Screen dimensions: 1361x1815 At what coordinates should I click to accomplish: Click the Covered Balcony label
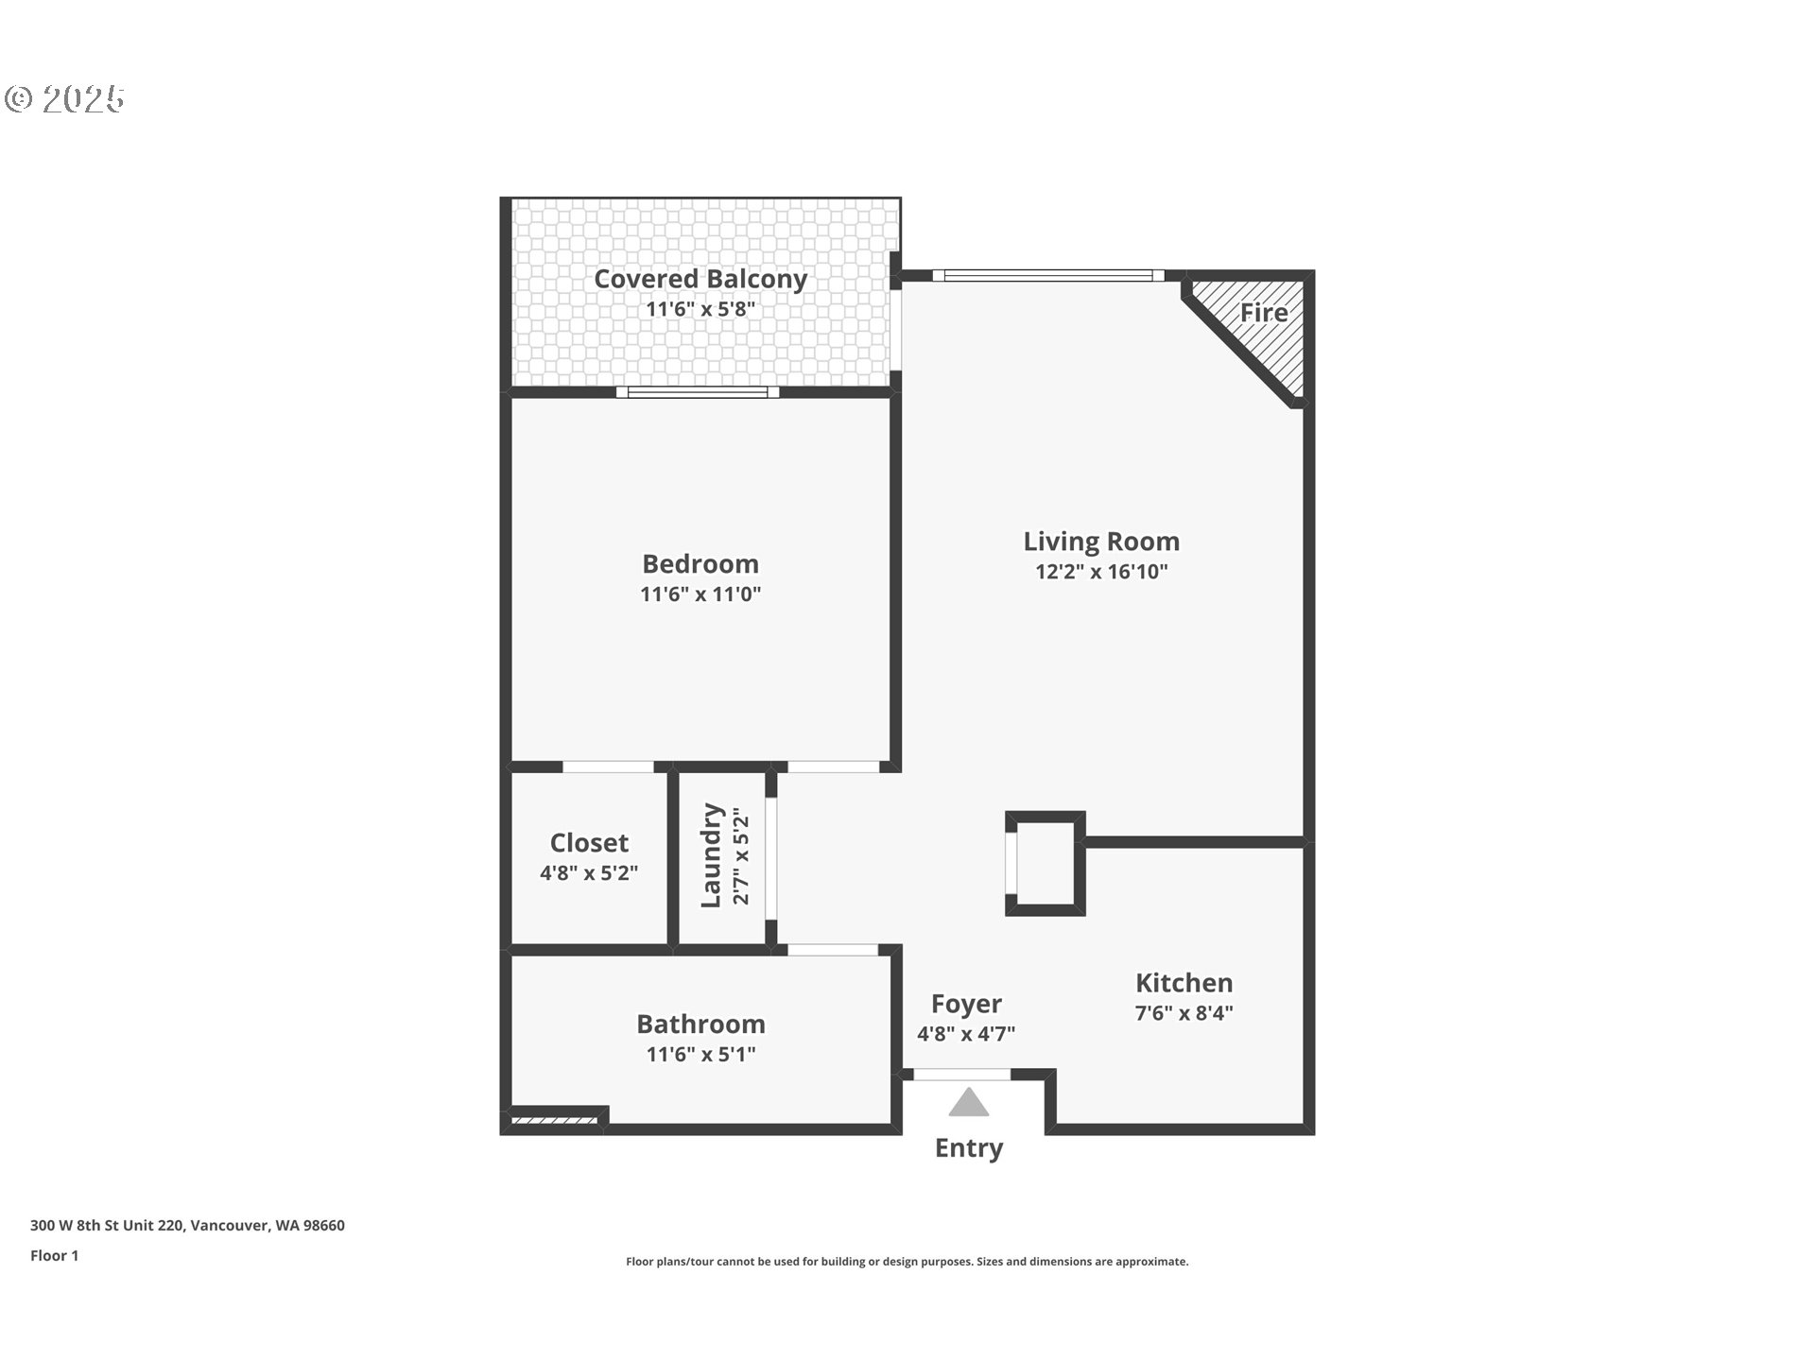[700, 279]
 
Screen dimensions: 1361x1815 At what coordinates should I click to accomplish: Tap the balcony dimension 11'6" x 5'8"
[700, 309]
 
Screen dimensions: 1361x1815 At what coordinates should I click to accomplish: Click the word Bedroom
[700, 564]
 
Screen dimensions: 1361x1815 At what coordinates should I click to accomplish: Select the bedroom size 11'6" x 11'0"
[700, 594]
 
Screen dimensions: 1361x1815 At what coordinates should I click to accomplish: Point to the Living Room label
[1101, 542]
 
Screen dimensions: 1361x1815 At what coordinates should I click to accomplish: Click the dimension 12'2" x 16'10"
[1101, 572]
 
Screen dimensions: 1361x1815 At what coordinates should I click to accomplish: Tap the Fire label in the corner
[1263, 313]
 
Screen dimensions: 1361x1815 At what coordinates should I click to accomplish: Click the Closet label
[589, 843]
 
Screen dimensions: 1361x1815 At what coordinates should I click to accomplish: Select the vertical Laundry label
[711, 855]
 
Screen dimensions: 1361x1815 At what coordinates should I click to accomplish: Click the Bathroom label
[700, 1025]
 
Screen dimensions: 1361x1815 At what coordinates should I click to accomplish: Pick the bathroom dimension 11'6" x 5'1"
[700, 1055]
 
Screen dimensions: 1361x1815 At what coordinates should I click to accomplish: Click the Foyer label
[965, 1004]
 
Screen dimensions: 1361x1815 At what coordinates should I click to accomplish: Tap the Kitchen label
[1184, 983]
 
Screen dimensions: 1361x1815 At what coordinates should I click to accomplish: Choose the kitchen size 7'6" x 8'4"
[1184, 1013]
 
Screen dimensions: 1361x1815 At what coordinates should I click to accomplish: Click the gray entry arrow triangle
[968, 1104]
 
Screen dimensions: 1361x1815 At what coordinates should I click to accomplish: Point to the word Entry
[968, 1148]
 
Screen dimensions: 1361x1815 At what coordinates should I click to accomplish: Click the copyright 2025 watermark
[65, 99]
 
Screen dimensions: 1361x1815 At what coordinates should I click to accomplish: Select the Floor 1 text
[54, 1255]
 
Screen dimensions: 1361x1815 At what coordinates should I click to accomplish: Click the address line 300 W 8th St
[187, 1225]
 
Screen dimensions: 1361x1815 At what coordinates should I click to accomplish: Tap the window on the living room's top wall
[1047, 276]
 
